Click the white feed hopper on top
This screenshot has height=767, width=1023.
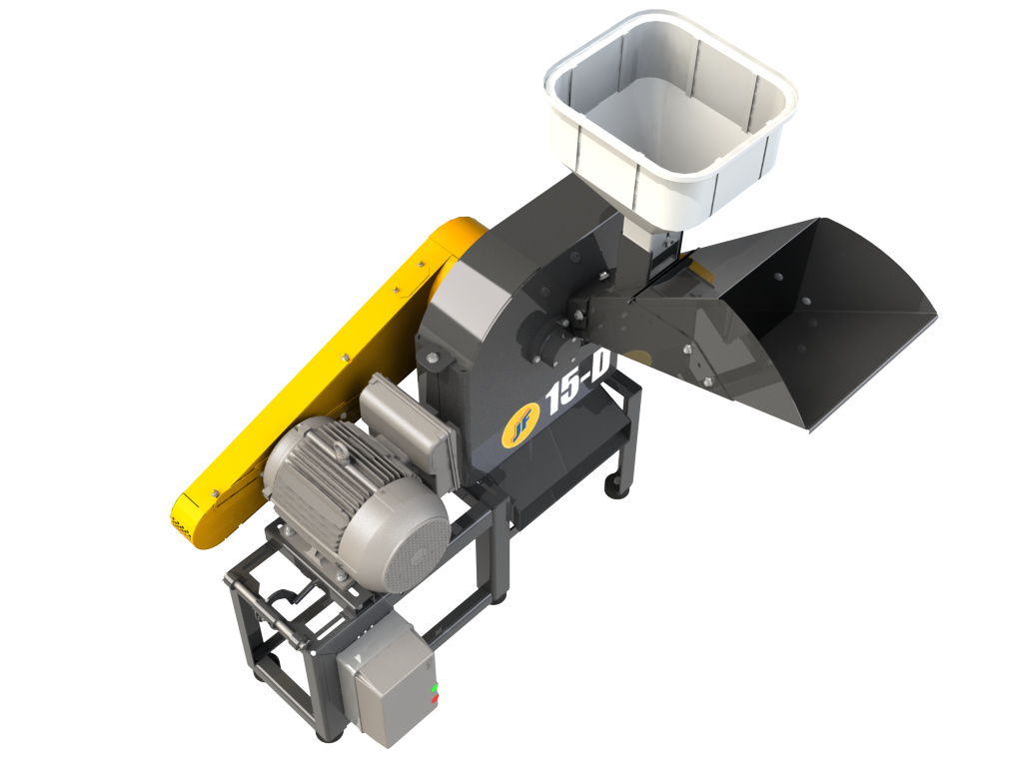[x=670, y=118]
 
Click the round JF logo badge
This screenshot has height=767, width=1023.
[x=520, y=425]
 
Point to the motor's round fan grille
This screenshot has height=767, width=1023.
[x=416, y=549]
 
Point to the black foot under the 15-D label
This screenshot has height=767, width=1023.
[x=614, y=486]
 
